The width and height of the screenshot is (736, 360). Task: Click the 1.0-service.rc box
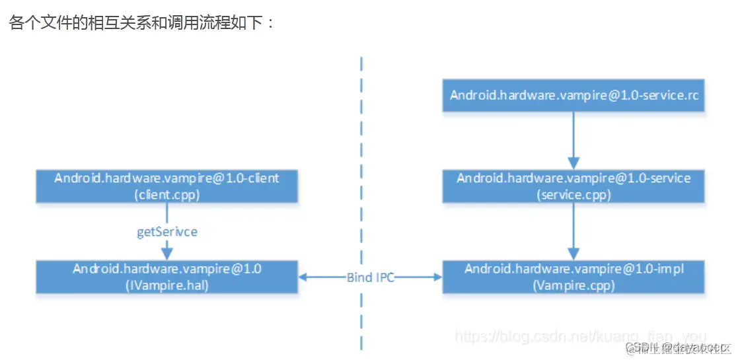(573, 95)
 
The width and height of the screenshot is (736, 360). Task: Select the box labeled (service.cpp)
(573, 186)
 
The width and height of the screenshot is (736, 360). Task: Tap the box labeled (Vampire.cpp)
(573, 277)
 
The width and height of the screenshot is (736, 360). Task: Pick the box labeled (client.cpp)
(166, 186)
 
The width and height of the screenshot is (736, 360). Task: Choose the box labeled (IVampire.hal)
(166, 277)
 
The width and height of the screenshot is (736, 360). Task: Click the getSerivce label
(166, 232)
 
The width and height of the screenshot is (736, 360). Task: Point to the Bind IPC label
(370, 277)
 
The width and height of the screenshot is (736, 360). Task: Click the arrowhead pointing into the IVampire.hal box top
(166, 254)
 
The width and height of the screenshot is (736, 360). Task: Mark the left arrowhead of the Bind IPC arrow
(305, 277)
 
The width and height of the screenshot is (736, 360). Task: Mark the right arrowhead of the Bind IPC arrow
(437, 277)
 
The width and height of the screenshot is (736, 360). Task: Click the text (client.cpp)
(166, 194)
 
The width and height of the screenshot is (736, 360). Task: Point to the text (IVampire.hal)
(166, 285)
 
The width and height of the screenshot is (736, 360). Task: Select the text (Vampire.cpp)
(573, 285)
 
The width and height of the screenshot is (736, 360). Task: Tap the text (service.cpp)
(573, 195)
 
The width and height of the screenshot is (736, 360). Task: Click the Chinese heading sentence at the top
(141, 23)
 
